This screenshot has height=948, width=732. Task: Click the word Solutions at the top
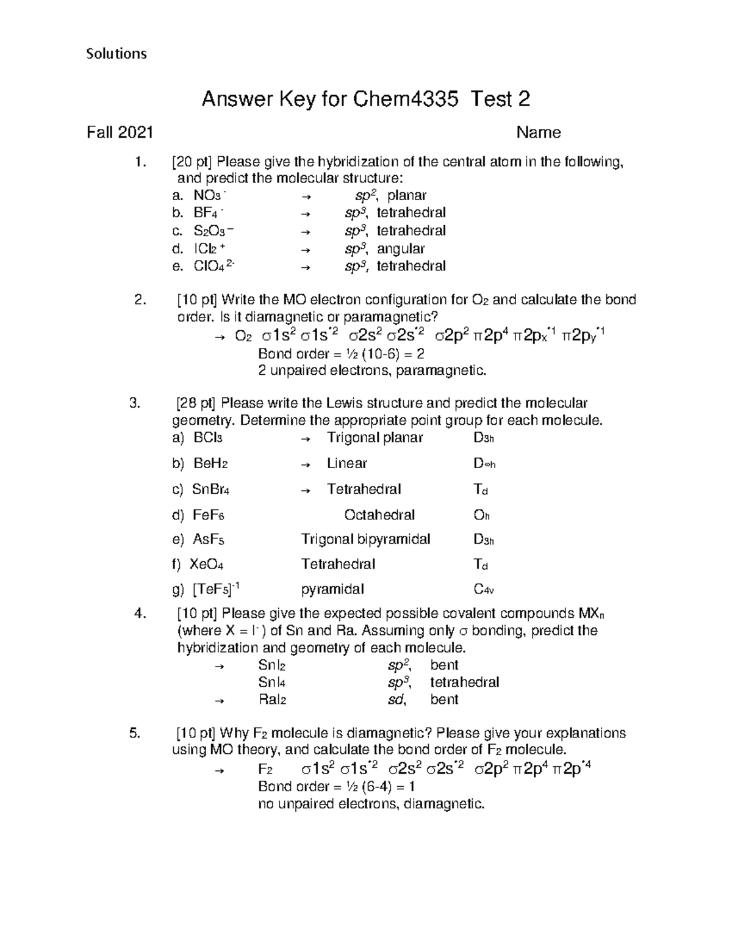coord(117,54)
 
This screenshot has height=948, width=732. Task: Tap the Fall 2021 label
coord(120,132)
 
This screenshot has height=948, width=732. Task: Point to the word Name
coord(538,132)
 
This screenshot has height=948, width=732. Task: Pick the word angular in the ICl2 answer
coord(401,249)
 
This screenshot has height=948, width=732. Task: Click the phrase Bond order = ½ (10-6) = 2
coord(341,353)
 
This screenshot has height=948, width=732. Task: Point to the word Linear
coord(346,463)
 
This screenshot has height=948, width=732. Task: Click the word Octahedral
coord(379,515)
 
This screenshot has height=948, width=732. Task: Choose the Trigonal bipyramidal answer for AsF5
coord(365,539)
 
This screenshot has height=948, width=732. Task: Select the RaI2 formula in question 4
coord(272,700)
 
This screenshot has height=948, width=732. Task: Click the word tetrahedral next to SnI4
coord(464,682)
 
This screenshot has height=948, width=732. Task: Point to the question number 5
coord(135,733)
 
